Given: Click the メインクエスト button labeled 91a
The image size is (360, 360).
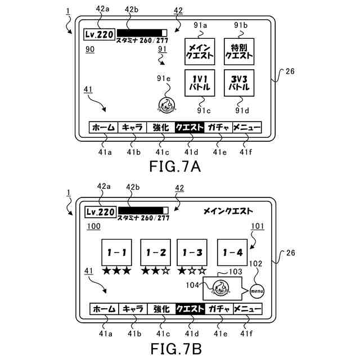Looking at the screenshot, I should coord(201,52).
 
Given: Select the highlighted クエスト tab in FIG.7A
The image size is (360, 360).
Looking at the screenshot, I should coord(190,128).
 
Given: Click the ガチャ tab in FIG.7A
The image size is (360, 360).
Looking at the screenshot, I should coord(218,128).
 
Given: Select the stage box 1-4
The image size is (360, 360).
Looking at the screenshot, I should coord(232,254).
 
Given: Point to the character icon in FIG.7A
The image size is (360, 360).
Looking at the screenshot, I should coord(166,105).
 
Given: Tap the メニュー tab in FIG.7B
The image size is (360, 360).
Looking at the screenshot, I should coord(247,309).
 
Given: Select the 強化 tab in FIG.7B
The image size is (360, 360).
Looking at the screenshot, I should coord(161,309).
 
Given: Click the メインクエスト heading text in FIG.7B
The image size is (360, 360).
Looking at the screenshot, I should coord(228,211).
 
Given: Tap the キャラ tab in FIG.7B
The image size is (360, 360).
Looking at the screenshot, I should coord(132,309).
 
